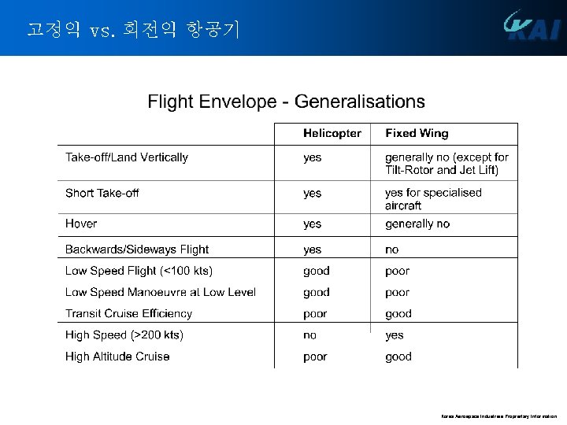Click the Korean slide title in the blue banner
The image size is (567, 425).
132,30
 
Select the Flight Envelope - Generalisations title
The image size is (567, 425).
286,102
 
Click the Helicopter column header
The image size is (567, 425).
332,134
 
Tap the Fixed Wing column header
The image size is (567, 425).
417,134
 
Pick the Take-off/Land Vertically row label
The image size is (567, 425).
127,157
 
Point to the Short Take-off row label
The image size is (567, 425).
102,193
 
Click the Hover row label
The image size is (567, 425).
81,224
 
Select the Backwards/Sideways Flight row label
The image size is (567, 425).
137,249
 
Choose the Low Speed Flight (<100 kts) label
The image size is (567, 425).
139,271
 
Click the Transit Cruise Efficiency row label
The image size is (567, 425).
128,313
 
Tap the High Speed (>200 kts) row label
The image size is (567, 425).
124,335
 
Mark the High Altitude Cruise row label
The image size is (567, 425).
117,357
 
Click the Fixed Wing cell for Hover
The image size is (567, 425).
417,224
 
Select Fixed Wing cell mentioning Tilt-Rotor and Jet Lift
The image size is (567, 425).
447,164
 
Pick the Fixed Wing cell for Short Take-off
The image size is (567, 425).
433,198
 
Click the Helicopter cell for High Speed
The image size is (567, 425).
310,335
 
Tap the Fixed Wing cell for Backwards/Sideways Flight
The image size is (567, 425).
392,249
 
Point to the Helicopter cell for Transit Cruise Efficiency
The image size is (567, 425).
315,313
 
